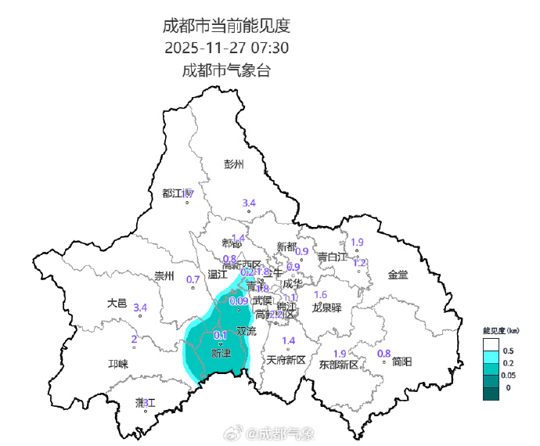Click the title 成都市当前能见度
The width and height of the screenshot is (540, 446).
[x=226, y=25]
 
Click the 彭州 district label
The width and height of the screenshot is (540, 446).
[x=234, y=164]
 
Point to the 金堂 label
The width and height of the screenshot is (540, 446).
[x=398, y=275]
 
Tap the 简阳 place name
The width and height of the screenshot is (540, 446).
[x=402, y=361]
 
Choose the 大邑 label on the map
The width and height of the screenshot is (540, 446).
[x=117, y=303]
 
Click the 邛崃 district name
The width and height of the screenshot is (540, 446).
[x=117, y=365]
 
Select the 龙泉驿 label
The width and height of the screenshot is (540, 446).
[x=327, y=308]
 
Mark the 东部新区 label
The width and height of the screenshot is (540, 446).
[x=338, y=365]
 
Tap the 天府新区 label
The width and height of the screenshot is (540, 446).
[x=285, y=360]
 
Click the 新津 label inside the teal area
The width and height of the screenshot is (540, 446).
[x=221, y=354]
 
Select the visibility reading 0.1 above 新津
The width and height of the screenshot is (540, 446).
[x=221, y=335]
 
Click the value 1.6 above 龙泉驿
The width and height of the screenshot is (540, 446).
[x=320, y=294]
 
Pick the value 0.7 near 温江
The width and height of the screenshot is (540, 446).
[x=193, y=279]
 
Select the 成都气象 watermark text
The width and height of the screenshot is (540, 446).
[x=286, y=433]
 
